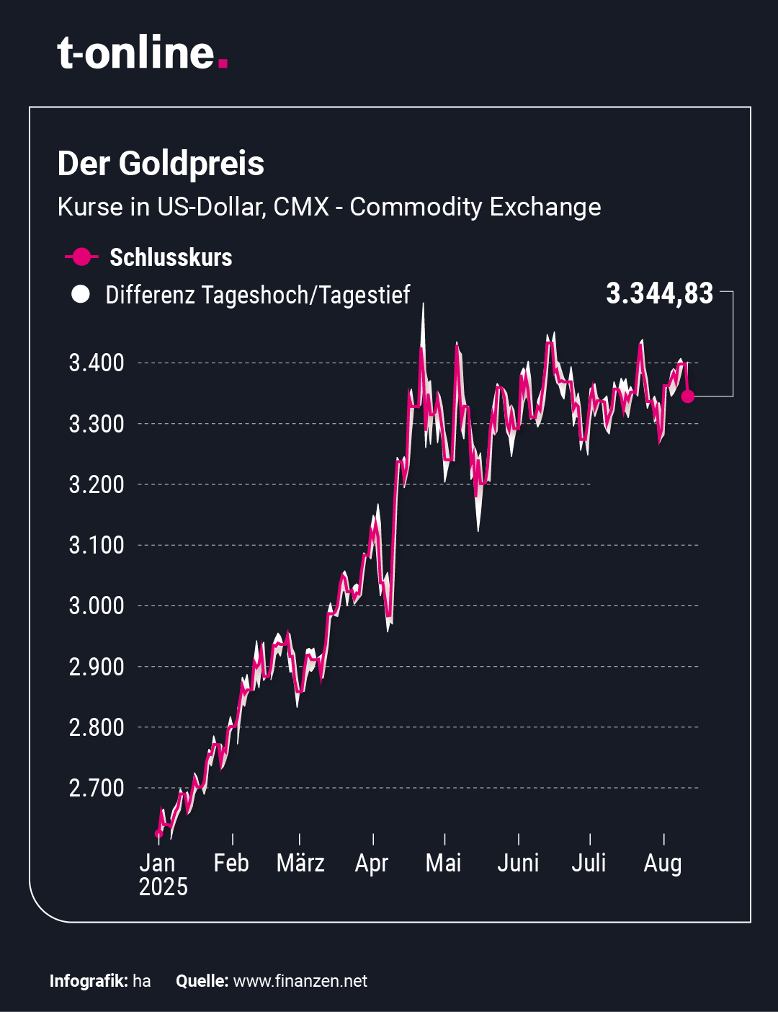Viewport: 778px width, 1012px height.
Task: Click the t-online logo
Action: tap(142, 53)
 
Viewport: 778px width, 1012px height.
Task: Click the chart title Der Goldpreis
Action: tap(161, 164)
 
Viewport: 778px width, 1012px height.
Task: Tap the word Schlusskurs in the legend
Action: tap(171, 257)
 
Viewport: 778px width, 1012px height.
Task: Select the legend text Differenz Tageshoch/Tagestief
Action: tap(257, 295)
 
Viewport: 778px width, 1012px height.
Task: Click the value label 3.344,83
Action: tap(659, 294)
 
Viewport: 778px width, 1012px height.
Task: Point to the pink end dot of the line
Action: tap(688, 396)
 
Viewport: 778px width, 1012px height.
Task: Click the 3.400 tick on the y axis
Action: tap(97, 363)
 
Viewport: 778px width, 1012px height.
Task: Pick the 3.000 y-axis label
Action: tap(97, 605)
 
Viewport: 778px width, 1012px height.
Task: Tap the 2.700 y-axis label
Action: tap(97, 788)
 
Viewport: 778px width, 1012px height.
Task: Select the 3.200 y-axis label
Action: tap(97, 484)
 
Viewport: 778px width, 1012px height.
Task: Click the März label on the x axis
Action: tap(300, 863)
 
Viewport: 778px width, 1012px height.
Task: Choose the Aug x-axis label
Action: tap(662, 863)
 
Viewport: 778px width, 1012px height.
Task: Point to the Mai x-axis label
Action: tap(443, 863)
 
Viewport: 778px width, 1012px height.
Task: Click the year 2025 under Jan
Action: tap(163, 887)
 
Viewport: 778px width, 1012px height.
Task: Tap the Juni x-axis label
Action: tap(518, 863)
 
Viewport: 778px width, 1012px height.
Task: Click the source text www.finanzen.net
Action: tap(300, 981)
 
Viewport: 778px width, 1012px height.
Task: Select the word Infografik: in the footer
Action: tap(89, 981)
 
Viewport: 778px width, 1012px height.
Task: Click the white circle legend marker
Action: tap(81, 294)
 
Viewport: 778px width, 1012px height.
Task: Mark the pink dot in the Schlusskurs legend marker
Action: tap(81, 257)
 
